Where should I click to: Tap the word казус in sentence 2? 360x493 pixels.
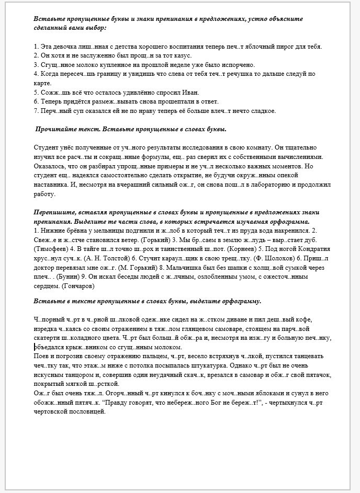click(x=182, y=55)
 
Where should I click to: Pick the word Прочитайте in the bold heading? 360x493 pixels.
click(x=53, y=129)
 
